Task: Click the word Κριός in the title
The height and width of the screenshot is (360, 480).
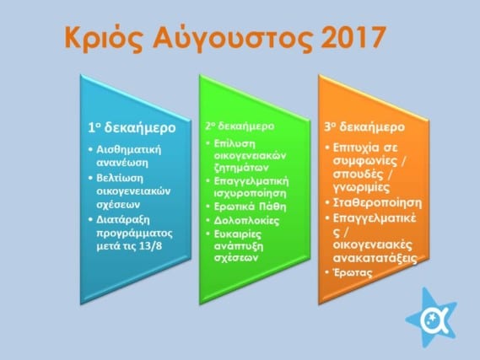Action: pos(104,39)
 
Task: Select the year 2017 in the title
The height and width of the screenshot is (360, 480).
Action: pos(353,37)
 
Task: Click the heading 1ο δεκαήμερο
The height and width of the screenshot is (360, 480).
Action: pos(132,127)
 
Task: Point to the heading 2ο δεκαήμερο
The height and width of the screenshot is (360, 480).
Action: pos(240,126)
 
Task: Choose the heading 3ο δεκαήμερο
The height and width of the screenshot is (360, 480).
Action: pos(364,126)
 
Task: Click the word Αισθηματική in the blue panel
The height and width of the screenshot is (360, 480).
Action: pos(128,149)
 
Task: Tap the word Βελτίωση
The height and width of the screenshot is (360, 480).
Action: pos(120,178)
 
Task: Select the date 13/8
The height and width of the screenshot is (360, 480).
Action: pos(150,245)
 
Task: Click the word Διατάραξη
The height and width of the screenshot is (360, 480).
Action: pos(123,220)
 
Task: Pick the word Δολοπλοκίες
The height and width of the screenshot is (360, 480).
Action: pos(246,220)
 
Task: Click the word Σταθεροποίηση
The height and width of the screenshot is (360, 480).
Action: pos(377,203)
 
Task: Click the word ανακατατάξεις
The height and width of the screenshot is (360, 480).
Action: pos(375,258)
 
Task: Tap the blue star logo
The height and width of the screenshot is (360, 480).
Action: pos(432,318)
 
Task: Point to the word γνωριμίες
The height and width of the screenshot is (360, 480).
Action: pos(361,187)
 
